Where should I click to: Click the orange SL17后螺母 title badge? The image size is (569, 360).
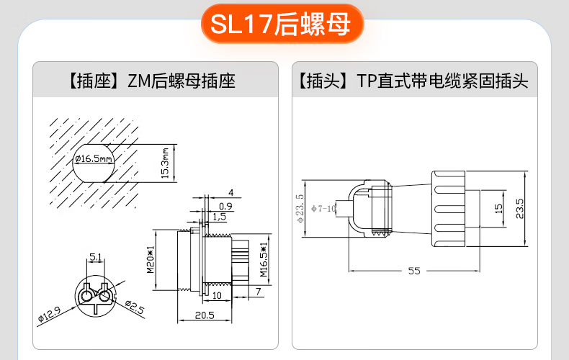coord(282,24)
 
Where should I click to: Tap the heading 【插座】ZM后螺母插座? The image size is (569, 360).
coord(152,81)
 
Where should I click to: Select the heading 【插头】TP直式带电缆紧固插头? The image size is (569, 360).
coord(413,81)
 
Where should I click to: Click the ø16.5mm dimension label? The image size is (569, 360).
coord(94,158)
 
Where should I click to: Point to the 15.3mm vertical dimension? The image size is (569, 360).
coord(165,163)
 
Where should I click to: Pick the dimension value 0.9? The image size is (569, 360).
coord(225,206)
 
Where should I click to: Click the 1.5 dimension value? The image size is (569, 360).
coord(219,217)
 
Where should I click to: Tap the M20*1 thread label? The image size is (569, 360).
coord(151,259)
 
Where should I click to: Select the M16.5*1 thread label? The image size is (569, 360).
coord(264,259)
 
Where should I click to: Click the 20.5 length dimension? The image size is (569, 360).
coord(205,315)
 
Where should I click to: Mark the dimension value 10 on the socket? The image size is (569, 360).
coord(217,296)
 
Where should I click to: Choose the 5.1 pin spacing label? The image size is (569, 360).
coord(96,257)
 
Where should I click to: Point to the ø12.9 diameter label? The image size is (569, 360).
coord(50,314)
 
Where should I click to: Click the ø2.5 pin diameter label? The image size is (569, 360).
coord(135,307)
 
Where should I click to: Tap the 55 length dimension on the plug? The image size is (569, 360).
coord(414,271)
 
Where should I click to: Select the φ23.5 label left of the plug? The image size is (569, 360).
coord(300,208)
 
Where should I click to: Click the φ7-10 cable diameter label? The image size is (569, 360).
coord(323,209)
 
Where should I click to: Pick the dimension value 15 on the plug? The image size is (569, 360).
coord(498,208)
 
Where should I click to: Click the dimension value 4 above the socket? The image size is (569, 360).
coord(231,193)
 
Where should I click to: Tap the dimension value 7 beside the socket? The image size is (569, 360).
coord(259,292)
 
